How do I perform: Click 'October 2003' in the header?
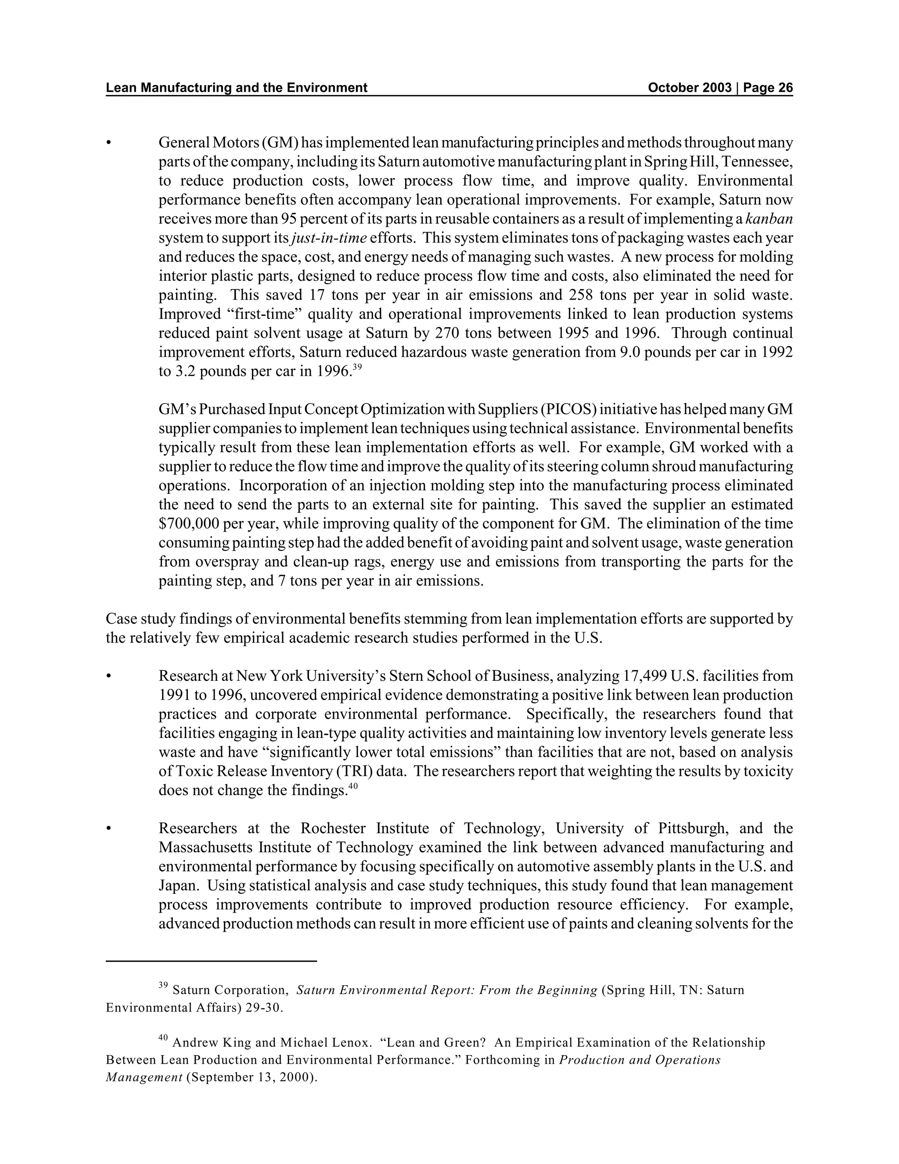pos(690,88)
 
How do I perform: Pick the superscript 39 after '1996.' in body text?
pos(357,367)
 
